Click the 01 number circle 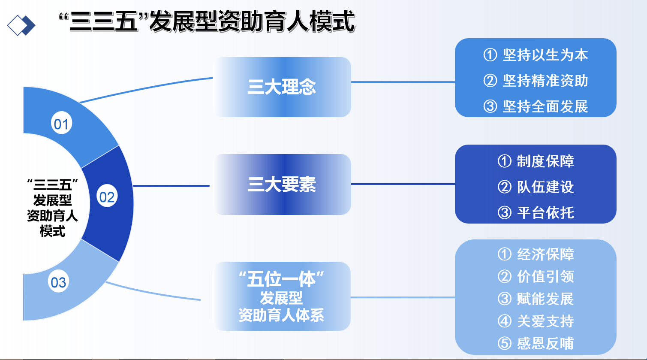pos(61,124)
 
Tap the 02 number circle pos(107,197)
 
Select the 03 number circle pos(59,282)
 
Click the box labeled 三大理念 pos(282,87)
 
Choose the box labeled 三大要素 pos(282,185)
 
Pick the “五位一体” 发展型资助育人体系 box pos(282,296)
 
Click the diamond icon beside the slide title pos(21,25)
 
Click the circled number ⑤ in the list pos(505,343)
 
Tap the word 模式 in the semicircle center pos(52,231)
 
